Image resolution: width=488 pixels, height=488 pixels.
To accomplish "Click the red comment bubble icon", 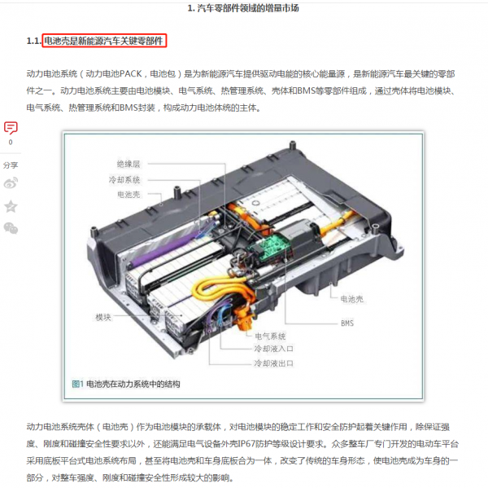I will [x=11, y=128].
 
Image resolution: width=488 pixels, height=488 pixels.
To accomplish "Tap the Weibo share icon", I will [x=11, y=182].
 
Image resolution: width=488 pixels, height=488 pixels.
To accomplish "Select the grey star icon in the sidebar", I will [x=11, y=206].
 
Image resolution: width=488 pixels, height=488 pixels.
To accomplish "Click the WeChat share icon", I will [x=11, y=229].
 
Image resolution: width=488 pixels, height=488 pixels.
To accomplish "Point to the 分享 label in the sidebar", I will [x=11, y=164].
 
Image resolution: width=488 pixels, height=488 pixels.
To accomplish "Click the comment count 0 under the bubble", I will [x=11, y=143].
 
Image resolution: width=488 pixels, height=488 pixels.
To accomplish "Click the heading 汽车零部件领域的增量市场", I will [x=248, y=8].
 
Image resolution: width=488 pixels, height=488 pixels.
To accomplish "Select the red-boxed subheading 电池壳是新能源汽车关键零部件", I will [x=104, y=40].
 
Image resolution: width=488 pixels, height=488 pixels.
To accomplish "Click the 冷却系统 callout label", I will [x=125, y=179].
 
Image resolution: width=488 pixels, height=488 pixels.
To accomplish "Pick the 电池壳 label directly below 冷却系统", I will [x=129, y=195].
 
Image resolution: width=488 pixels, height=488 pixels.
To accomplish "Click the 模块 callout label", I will [x=103, y=316].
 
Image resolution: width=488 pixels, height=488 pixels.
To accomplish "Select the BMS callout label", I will [x=347, y=323].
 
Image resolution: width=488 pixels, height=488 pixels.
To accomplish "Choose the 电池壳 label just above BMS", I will [x=351, y=300].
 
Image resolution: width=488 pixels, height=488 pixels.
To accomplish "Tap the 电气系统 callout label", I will [x=270, y=336].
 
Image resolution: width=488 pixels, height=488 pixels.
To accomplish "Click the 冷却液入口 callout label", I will [x=272, y=349].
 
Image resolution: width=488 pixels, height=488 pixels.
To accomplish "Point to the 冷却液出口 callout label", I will [x=272, y=363].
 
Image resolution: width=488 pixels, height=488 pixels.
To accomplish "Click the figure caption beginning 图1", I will [x=126, y=383].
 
